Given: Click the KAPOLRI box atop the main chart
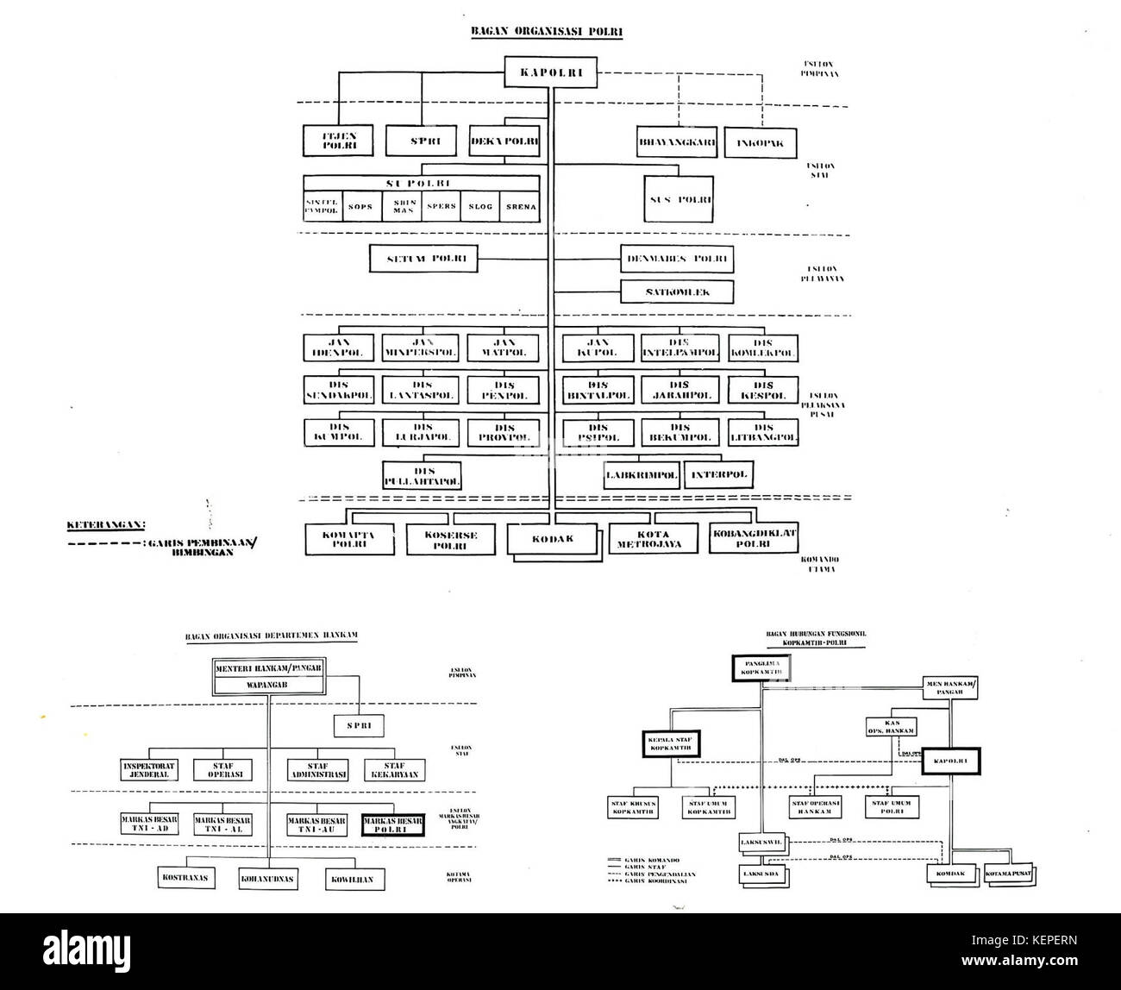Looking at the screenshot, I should [x=551, y=73].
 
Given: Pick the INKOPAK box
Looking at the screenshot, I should [x=760, y=142].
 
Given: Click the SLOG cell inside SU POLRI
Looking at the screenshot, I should [x=480, y=207].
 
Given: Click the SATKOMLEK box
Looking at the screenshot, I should [x=677, y=292].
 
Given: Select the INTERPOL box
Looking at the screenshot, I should [x=717, y=474].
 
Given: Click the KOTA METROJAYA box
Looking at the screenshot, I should [x=654, y=539].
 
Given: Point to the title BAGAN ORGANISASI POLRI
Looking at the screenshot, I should [x=546, y=32].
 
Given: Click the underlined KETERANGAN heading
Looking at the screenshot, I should [x=106, y=524].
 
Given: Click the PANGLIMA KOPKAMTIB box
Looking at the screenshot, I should [x=760, y=668].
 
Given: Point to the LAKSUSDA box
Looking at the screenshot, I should [x=760, y=874].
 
